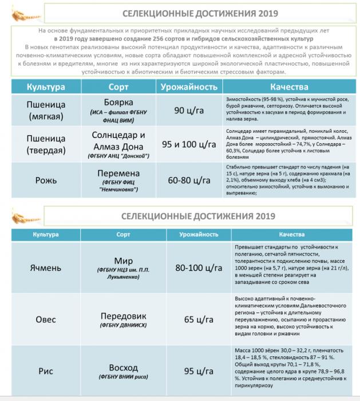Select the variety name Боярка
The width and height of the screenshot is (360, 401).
pyautogui.click(x=123, y=104)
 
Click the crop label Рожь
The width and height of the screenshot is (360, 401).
pyautogui.click(x=46, y=180)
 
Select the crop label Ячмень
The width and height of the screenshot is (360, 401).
pyautogui.click(x=46, y=268)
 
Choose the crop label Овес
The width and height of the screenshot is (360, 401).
pyautogui.click(x=46, y=319)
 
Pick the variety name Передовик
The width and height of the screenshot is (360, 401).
pyautogui.click(x=123, y=316)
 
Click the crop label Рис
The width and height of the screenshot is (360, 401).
pyautogui.click(x=46, y=371)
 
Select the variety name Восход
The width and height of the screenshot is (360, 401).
pyautogui.click(x=123, y=367)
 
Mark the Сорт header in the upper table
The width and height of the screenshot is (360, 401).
pyautogui.click(x=123, y=87)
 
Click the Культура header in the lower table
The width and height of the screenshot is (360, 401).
pyautogui.click(x=46, y=235)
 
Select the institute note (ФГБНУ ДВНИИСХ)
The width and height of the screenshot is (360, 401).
pyautogui.click(x=123, y=325)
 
